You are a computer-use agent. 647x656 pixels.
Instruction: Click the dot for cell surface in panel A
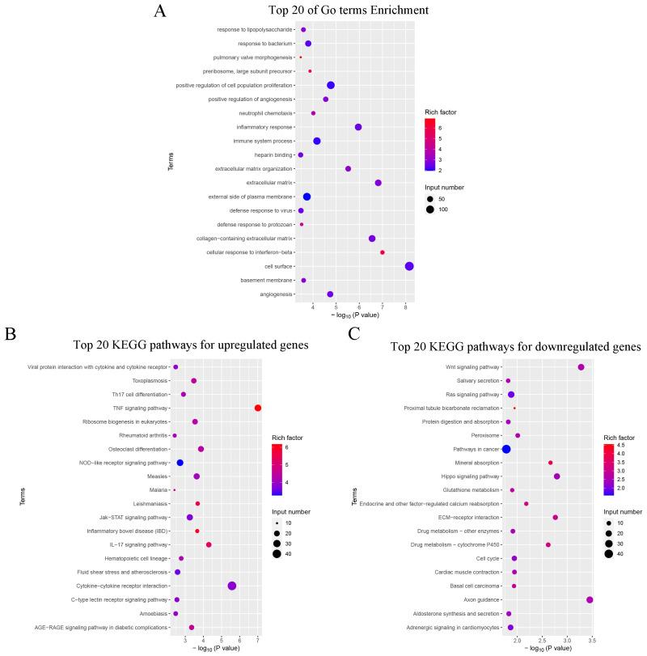pyautogui.click(x=409, y=266)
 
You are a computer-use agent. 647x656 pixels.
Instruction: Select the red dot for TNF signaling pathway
pyautogui.click(x=258, y=408)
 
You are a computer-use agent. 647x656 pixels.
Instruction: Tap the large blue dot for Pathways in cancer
pyautogui.click(x=506, y=448)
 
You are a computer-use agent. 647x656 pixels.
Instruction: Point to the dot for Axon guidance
pyautogui.click(x=590, y=599)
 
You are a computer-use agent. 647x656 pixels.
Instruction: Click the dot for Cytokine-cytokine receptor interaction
pyautogui.click(x=232, y=586)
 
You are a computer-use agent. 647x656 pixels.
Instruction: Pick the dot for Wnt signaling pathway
pyautogui.click(x=581, y=367)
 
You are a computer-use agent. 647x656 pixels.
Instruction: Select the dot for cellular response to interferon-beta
pyautogui.click(x=383, y=252)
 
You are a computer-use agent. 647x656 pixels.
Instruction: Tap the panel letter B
pyautogui.click(x=11, y=332)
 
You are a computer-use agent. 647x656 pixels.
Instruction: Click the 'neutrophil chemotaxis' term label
pyautogui.click(x=257, y=113)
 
